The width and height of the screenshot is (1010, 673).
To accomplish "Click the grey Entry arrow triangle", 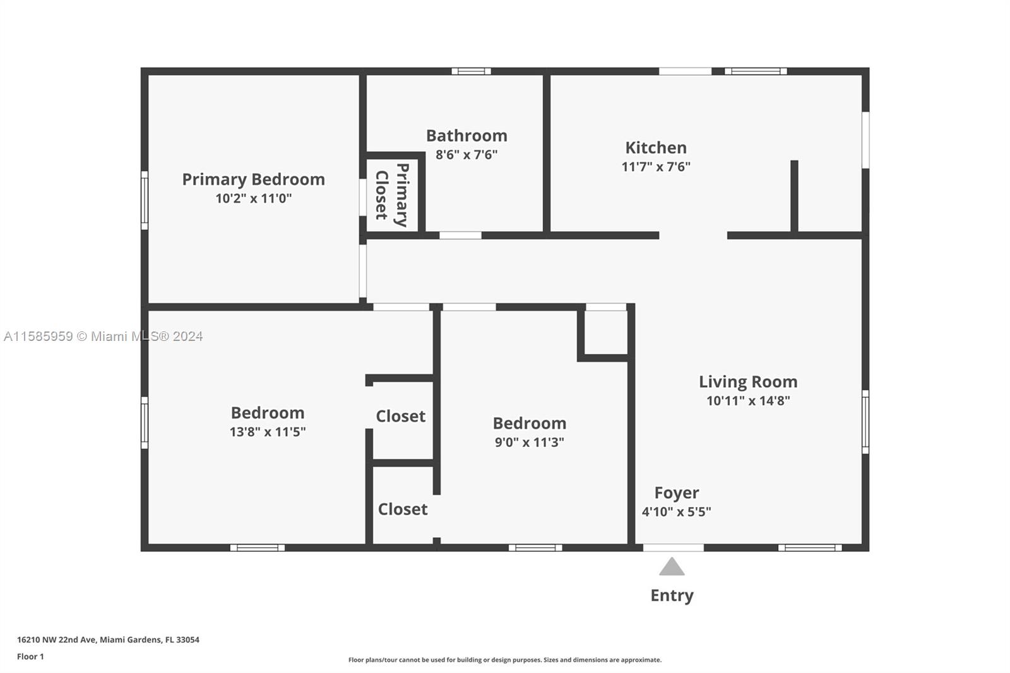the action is tap(672, 566).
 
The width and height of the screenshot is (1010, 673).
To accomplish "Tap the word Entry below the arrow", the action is tap(672, 596).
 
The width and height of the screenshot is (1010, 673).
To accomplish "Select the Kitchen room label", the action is tap(656, 148).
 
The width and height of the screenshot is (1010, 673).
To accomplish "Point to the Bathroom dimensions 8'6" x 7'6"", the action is tap(466, 155).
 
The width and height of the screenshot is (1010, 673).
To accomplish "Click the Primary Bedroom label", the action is tap(253, 179).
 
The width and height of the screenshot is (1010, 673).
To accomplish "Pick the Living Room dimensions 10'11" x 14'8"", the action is tap(748, 400).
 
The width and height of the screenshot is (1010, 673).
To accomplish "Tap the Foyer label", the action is tap(677, 493).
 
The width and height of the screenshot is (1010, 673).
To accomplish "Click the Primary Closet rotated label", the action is tap(392, 195).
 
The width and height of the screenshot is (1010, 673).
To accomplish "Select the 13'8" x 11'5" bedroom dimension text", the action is tap(268, 432).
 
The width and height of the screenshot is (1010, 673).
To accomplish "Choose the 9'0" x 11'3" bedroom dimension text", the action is tap(530, 442).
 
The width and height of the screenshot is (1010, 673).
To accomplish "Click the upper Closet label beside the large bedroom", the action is tap(401, 416).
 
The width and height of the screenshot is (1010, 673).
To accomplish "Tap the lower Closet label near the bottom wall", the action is tap(403, 509).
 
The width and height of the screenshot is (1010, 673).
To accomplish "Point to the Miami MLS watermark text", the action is tap(104, 336).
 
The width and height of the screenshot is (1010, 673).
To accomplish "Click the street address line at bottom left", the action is tap(108, 640).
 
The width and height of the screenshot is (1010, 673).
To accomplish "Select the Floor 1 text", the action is tap(31, 657).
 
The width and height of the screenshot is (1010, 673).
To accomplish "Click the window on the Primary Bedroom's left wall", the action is tap(145, 200).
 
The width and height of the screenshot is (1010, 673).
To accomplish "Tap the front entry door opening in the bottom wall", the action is tap(673, 547).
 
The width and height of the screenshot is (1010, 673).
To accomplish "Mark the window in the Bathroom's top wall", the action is tap(471, 71).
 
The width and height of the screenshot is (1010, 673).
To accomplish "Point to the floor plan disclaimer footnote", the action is tap(505, 660).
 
